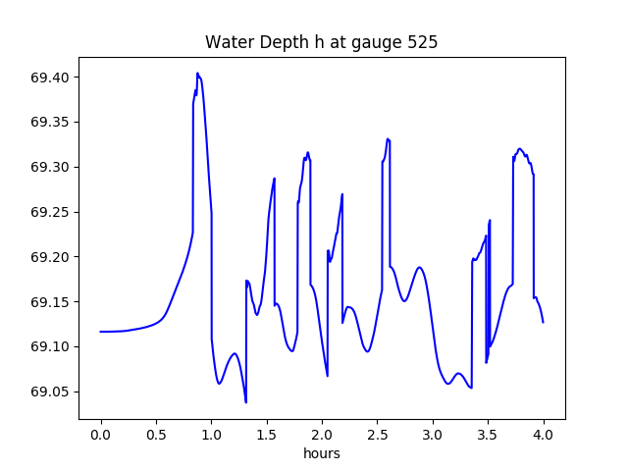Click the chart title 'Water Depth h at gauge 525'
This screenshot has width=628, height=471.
[x=321, y=42]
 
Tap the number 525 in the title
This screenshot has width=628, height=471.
[x=423, y=42]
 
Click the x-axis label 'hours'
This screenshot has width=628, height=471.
[x=322, y=454]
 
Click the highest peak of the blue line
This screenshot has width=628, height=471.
[x=197, y=74]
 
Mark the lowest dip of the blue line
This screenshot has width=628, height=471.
[x=245, y=402]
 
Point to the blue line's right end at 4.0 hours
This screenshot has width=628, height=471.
[x=543, y=322]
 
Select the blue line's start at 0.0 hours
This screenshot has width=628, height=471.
[x=101, y=332]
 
